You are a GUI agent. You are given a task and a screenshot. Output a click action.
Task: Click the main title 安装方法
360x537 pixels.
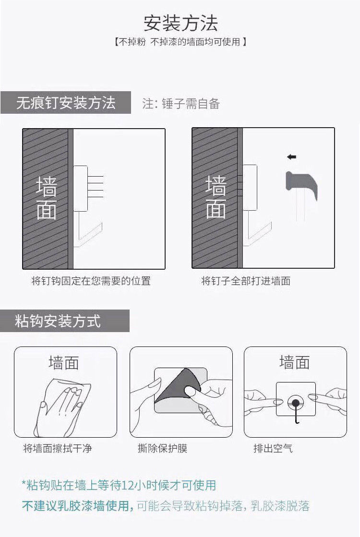[x=180, y=23]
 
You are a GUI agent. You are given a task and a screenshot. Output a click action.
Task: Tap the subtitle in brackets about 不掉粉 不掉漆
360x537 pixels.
[x=180, y=42]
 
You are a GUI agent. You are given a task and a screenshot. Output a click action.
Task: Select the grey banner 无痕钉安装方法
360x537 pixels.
[x=66, y=103]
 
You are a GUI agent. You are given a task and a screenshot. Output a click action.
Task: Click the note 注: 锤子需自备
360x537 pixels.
[x=181, y=103]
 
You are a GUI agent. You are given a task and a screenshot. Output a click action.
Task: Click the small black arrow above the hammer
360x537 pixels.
[x=291, y=157]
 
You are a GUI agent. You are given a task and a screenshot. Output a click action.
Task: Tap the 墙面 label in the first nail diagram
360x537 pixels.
[x=46, y=198]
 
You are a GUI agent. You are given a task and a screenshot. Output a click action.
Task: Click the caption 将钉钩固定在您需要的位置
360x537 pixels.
[x=91, y=281]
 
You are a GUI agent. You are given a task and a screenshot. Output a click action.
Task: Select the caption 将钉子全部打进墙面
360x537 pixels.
[x=245, y=281]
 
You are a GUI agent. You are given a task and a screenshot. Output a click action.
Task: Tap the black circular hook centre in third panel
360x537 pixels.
[x=295, y=402]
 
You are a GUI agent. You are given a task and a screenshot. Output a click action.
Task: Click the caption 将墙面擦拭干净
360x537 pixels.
[x=57, y=448]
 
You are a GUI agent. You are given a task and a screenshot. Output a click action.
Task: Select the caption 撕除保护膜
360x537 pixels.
[x=162, y=448]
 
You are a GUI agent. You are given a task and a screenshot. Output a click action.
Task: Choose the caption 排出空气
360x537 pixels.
[x=273, y=448]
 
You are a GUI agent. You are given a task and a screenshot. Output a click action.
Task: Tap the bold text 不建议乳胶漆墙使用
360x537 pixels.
[x=77, y=506]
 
